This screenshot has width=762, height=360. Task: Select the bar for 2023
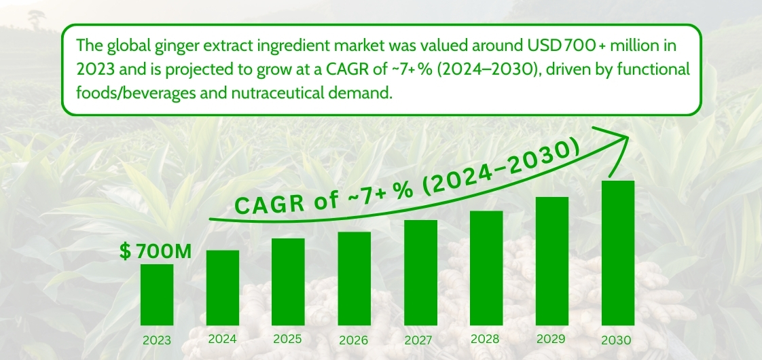tap(157, 293)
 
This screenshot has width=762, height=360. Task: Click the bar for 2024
tap(223, 287)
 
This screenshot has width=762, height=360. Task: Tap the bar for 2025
tap(288, 281)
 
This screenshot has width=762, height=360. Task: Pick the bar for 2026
tap(354, 277)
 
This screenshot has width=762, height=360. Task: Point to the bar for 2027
tap(420, 272)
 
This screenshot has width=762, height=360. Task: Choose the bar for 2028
tap(486, 267)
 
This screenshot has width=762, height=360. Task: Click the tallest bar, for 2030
tap(617, 252)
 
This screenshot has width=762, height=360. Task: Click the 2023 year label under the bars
tap(157, 340)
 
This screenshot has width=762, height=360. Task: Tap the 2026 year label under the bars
tap(354, 340)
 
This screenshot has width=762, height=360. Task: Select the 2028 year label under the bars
tap(486, 339)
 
